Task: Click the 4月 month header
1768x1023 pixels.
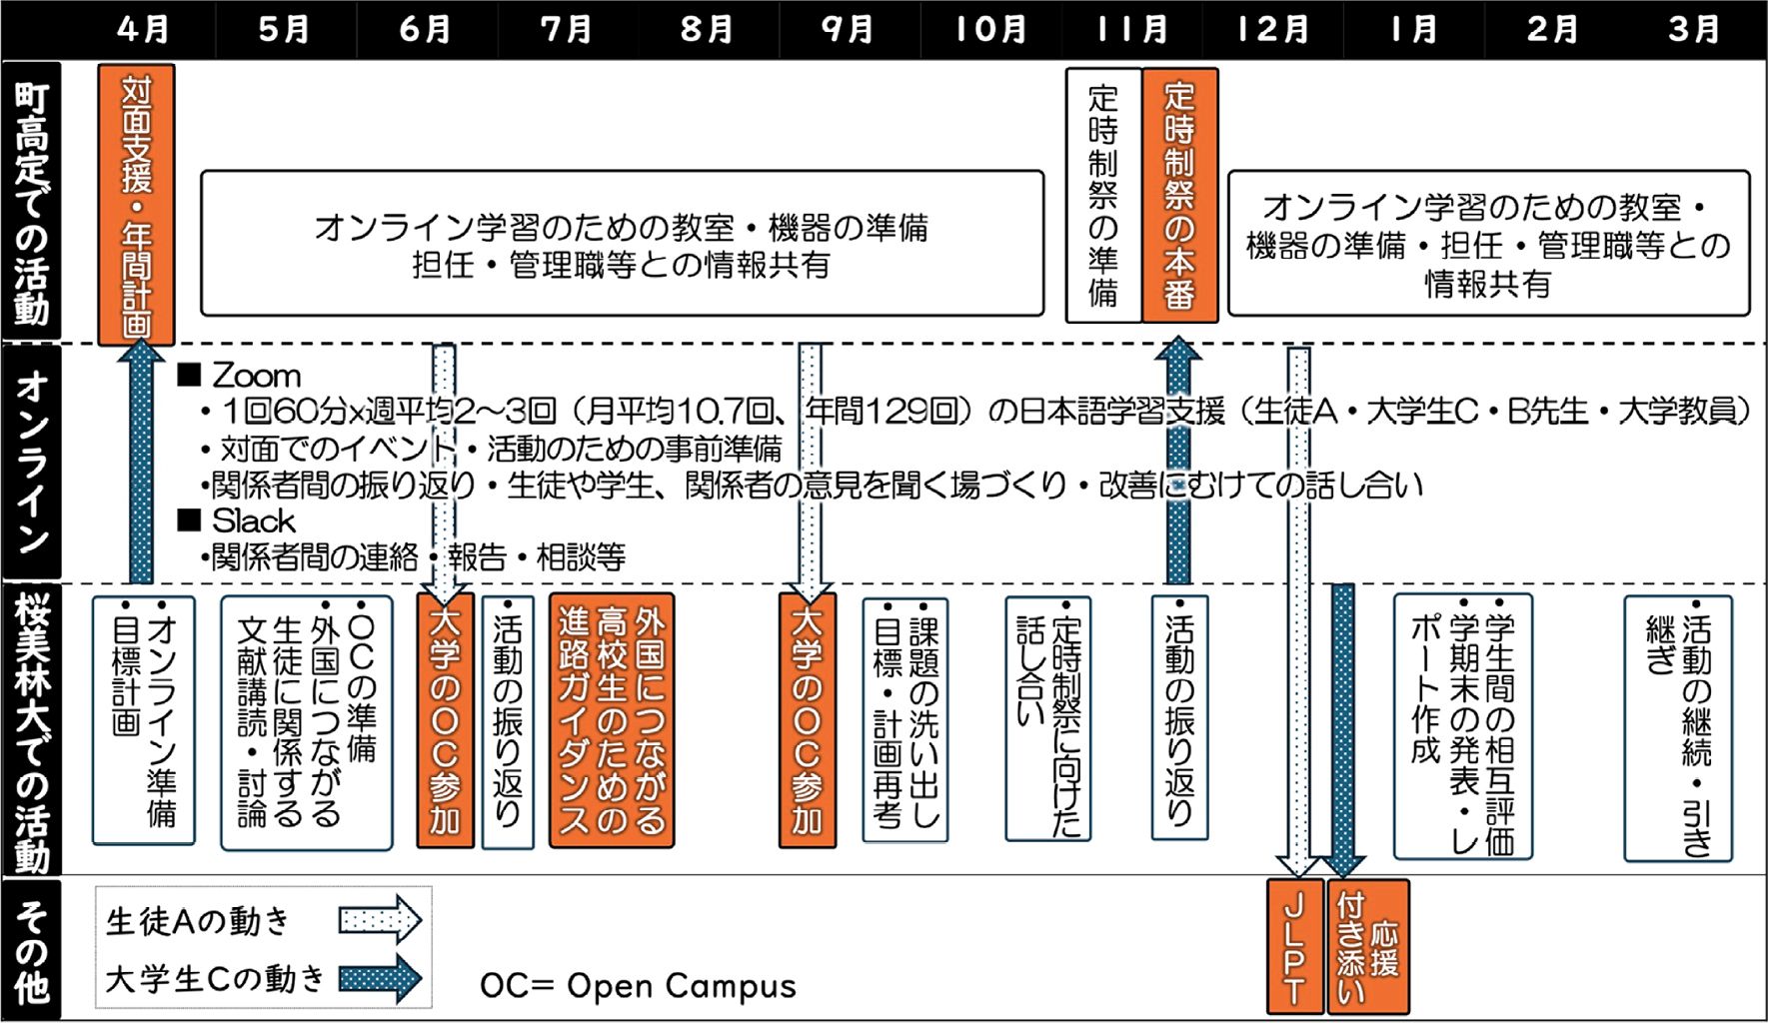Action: click(142, 29)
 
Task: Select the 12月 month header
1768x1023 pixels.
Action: click(1272, 29)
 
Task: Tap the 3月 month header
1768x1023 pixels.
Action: click(1694, 29)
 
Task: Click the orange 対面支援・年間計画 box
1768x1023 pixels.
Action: click(137, 205)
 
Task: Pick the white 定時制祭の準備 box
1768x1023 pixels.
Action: click(1103, 196)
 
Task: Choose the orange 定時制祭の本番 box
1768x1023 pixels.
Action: click(1179, 196)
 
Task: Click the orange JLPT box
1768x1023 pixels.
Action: click(1294, 946)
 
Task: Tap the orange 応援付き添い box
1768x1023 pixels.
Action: click(1368, 946)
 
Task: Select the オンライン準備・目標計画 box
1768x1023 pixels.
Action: click(144, 720)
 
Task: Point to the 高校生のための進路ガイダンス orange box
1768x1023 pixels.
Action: click(612, 720)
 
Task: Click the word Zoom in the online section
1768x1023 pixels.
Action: click(256, 376)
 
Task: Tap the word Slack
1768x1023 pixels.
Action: click(253, 520)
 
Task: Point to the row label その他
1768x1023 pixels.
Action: click(32, 950)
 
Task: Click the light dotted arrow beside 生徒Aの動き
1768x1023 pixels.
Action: click(380, 919)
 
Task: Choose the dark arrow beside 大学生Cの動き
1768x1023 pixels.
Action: click(380, 978)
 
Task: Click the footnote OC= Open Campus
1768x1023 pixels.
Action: click(638, 986)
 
